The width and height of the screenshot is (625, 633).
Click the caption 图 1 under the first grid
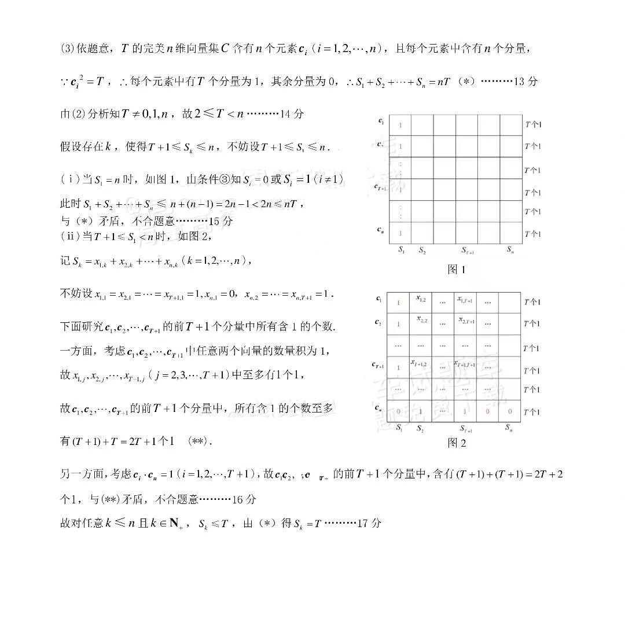pos(457,269)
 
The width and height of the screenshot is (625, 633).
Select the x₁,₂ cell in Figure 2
pos(421,299)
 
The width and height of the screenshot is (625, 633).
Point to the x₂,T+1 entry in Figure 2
pos(465,320)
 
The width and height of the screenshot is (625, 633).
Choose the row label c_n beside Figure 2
pos(378,408)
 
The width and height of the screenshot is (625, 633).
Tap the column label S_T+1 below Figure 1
pos(467,251)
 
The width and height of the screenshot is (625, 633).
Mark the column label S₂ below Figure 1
pos(422,251)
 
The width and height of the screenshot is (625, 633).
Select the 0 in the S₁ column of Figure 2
pos(398,411)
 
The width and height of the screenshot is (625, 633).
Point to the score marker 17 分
pos(369,523)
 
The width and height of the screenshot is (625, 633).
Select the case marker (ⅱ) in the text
pos(69,236)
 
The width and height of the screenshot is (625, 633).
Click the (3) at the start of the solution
pos(68,49)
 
